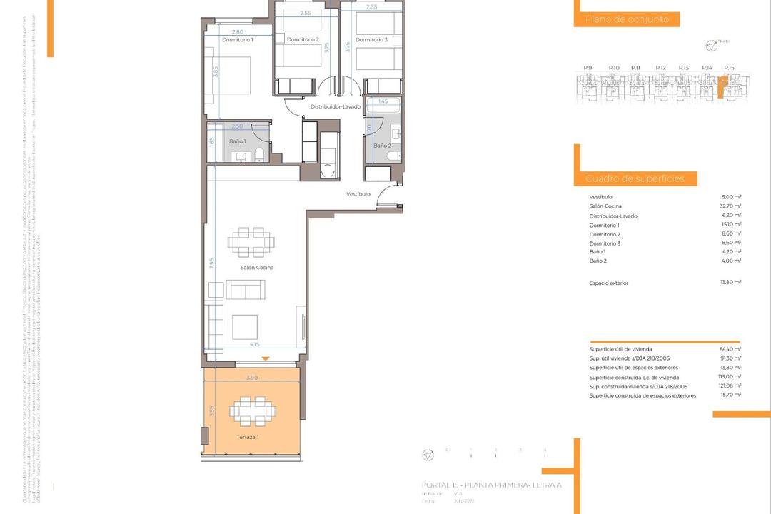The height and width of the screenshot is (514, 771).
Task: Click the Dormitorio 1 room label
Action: (238, 40)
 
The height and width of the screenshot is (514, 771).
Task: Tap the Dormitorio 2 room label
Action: (303, 40)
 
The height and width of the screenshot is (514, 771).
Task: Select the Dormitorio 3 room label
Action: (371, 40)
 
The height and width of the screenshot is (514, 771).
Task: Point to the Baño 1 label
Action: (238, 141)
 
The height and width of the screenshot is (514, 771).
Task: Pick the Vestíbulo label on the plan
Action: (358, 194)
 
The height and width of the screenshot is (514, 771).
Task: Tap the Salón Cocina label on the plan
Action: (257, 268)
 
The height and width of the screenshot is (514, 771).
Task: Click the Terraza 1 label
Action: (248, 436)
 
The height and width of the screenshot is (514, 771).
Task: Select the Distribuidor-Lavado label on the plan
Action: (336, 106)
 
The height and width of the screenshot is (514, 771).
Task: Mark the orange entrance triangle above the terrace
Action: (265, 358)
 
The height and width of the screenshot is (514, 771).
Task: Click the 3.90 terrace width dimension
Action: (251, 378)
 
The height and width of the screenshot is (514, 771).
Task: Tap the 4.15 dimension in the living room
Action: (255, 345)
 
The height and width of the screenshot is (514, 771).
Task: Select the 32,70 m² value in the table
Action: (732, 206)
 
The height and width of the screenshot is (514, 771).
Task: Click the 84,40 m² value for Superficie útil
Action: (732, 350)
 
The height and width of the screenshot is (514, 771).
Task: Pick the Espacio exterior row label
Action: (609, 283)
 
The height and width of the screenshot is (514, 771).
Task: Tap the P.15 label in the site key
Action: (729, 67)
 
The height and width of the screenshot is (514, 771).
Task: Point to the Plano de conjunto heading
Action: (627, 20)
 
